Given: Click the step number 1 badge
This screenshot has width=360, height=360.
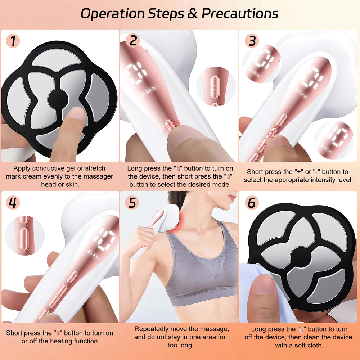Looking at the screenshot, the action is pyautogui.click(x=13, y=41).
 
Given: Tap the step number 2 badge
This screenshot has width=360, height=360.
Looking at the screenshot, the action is pyautogui.click(x=133, y=41).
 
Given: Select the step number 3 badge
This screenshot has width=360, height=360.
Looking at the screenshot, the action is pyautogui.click(x=252, y=41).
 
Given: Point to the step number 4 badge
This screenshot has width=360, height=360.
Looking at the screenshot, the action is pyautogui.click(x=13, y=202).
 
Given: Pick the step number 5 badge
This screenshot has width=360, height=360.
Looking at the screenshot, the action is pyautogui.click(x=132, y=202).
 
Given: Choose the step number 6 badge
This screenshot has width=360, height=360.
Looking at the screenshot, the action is pyautogui.click(x=252, y=202).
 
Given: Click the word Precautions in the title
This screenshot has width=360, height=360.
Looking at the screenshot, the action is pyautogui.click(x=240, y=14).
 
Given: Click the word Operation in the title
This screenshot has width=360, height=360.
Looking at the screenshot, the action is pyautogui.click(x=112, y=14).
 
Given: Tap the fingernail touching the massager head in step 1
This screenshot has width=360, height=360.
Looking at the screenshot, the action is pyautogui.click(x=77, y=113).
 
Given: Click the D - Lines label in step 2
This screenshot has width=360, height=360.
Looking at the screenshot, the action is pyautogui.click(x=148, y=91).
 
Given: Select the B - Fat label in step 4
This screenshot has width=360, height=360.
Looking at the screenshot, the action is pyautogui.click(x=93, y=255).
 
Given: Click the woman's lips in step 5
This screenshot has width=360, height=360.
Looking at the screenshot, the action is pyautogui.click(x=233, y=197).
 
